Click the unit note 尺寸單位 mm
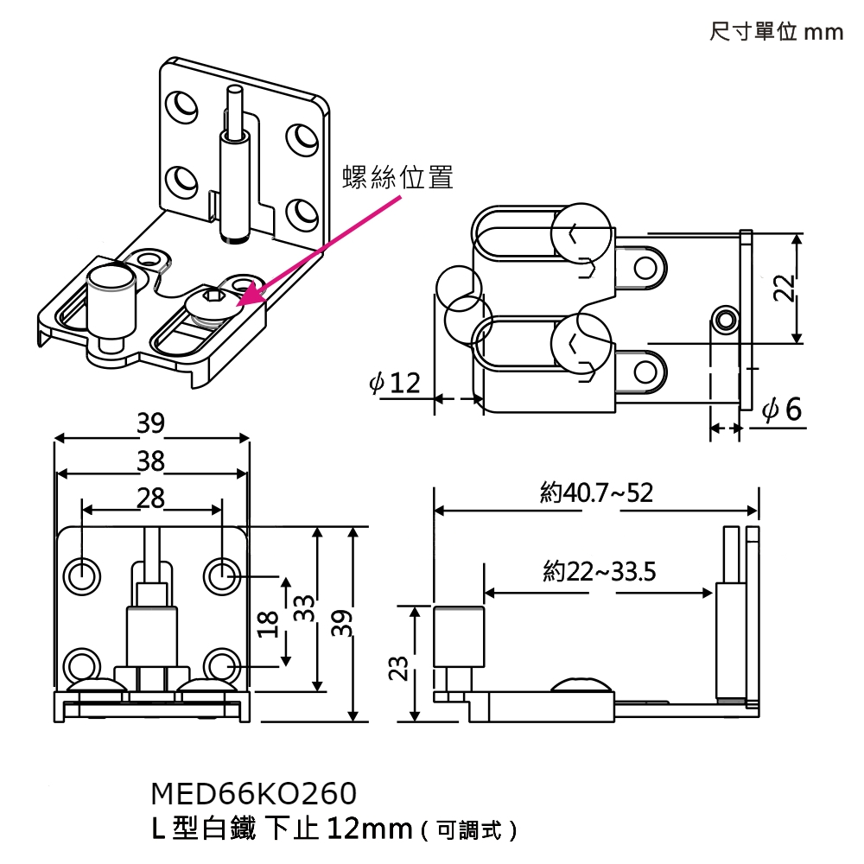click(x=775, y=32)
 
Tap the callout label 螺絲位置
click(x=397, y=178)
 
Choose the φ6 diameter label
click(x=783, y=410)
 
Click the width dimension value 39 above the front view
click(x=150, y=423)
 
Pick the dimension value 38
click(x=150, y=461)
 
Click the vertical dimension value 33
click(x=302, y=609)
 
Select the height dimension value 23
click(x=399, y=668)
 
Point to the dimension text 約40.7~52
click(x=596, y=493)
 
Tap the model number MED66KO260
click(x=253, y=793)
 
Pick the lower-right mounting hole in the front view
click(x=221, y=666)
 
